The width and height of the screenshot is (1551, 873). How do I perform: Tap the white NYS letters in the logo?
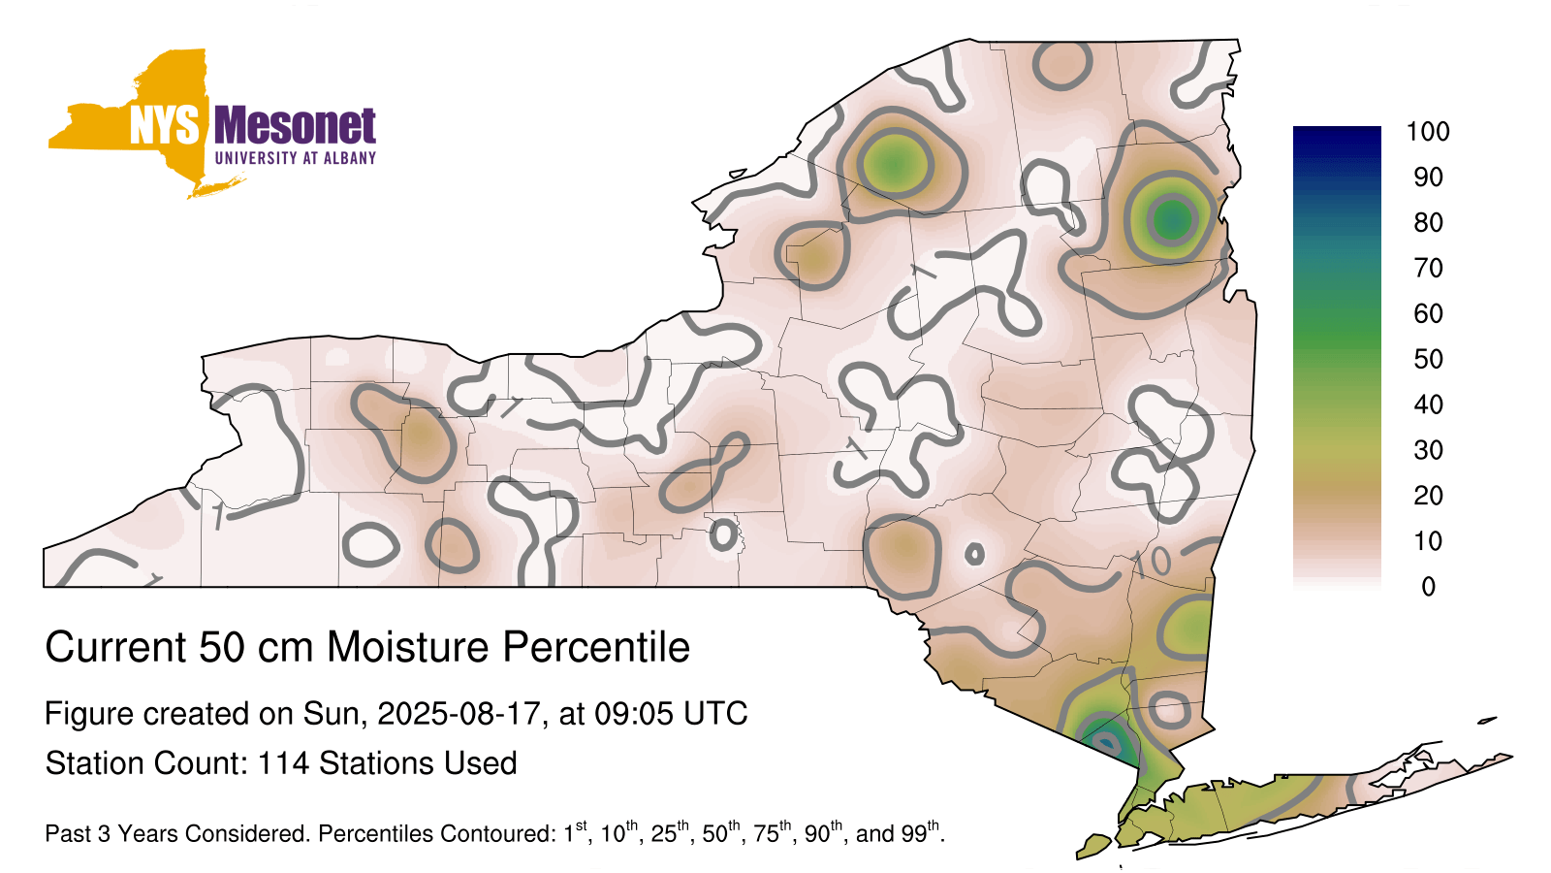tap(165, 125)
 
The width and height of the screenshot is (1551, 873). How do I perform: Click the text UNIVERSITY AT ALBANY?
tap(296, 158)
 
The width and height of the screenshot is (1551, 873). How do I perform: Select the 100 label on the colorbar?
tap(1428, 132)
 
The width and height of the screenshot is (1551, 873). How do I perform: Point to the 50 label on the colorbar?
tap(1428, 359)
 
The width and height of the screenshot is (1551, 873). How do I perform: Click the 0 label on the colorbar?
tap(1429, 587)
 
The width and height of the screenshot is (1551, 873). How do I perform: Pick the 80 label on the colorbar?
tap(1428, 222)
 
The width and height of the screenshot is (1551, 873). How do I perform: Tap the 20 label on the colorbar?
tap(1428, 496)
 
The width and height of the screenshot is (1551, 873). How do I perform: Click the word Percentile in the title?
tap(596, 647)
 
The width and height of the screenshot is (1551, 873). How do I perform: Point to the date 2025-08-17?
tap(459, 714)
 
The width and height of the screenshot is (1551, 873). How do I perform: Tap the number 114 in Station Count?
tap(282, 763)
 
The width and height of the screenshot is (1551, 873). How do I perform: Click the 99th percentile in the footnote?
tap(920, 832)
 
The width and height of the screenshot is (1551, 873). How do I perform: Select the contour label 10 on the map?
tap(1152, 564)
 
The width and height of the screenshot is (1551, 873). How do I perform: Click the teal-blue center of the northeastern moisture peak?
tap(1172, 220)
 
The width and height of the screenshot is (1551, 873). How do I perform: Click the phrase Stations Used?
tap(418, 763)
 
